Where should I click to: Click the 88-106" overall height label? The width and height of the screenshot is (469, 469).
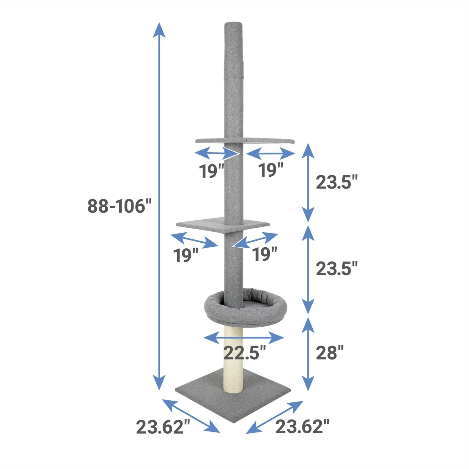119,206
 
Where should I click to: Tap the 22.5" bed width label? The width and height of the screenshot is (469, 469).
245,353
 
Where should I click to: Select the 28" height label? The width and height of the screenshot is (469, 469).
330,353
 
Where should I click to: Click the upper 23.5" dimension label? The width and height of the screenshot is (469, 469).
336,182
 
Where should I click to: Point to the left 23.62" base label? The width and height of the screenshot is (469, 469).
163,427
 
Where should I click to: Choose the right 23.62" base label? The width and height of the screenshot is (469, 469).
302,426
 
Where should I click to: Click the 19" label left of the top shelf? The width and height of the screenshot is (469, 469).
212,171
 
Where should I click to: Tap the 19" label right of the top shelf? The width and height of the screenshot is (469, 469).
270,170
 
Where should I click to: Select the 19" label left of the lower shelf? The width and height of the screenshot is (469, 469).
186,255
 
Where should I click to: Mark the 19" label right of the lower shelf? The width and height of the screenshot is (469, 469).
265,254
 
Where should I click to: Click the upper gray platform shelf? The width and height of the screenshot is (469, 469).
245,140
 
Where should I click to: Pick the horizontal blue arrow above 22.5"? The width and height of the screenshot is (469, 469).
244,338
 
